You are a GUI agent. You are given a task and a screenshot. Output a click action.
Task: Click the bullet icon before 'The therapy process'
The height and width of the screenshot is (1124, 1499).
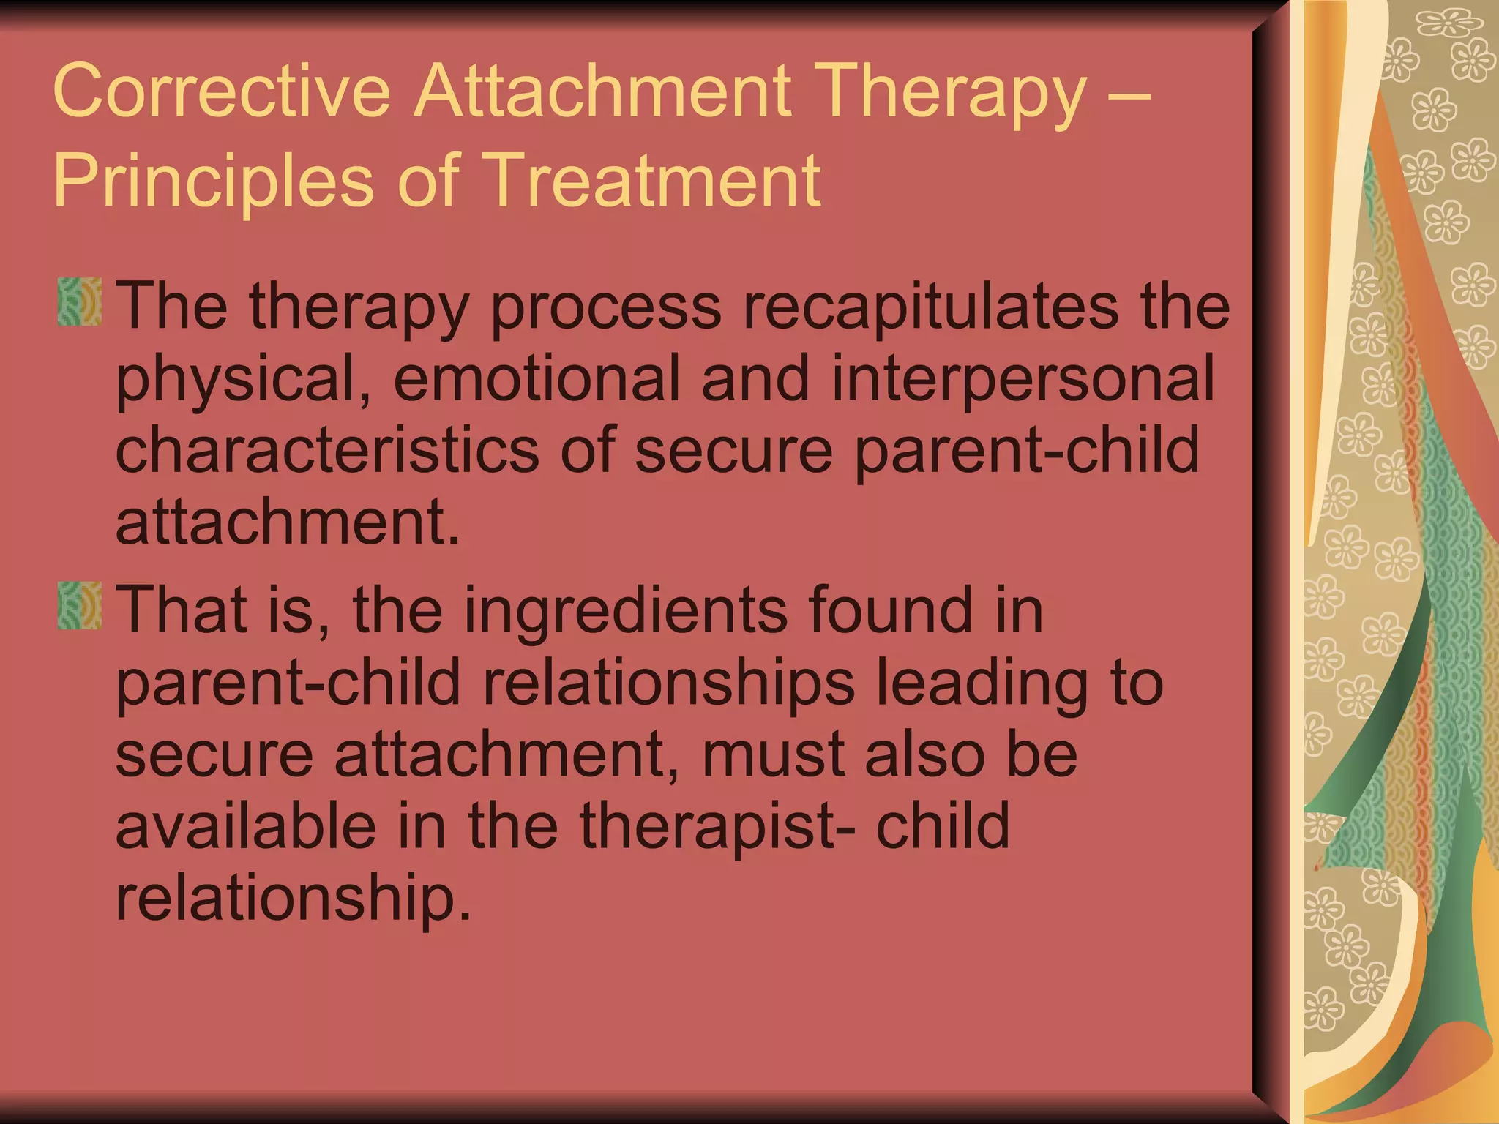pos(80,301)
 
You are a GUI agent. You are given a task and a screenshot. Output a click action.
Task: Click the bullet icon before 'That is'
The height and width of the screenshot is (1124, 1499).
pos(80,606)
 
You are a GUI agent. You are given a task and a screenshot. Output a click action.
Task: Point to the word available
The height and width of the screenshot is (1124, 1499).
pos(246,825)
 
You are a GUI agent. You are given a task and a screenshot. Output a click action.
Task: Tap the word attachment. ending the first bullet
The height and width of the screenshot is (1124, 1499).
pos(288,522)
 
